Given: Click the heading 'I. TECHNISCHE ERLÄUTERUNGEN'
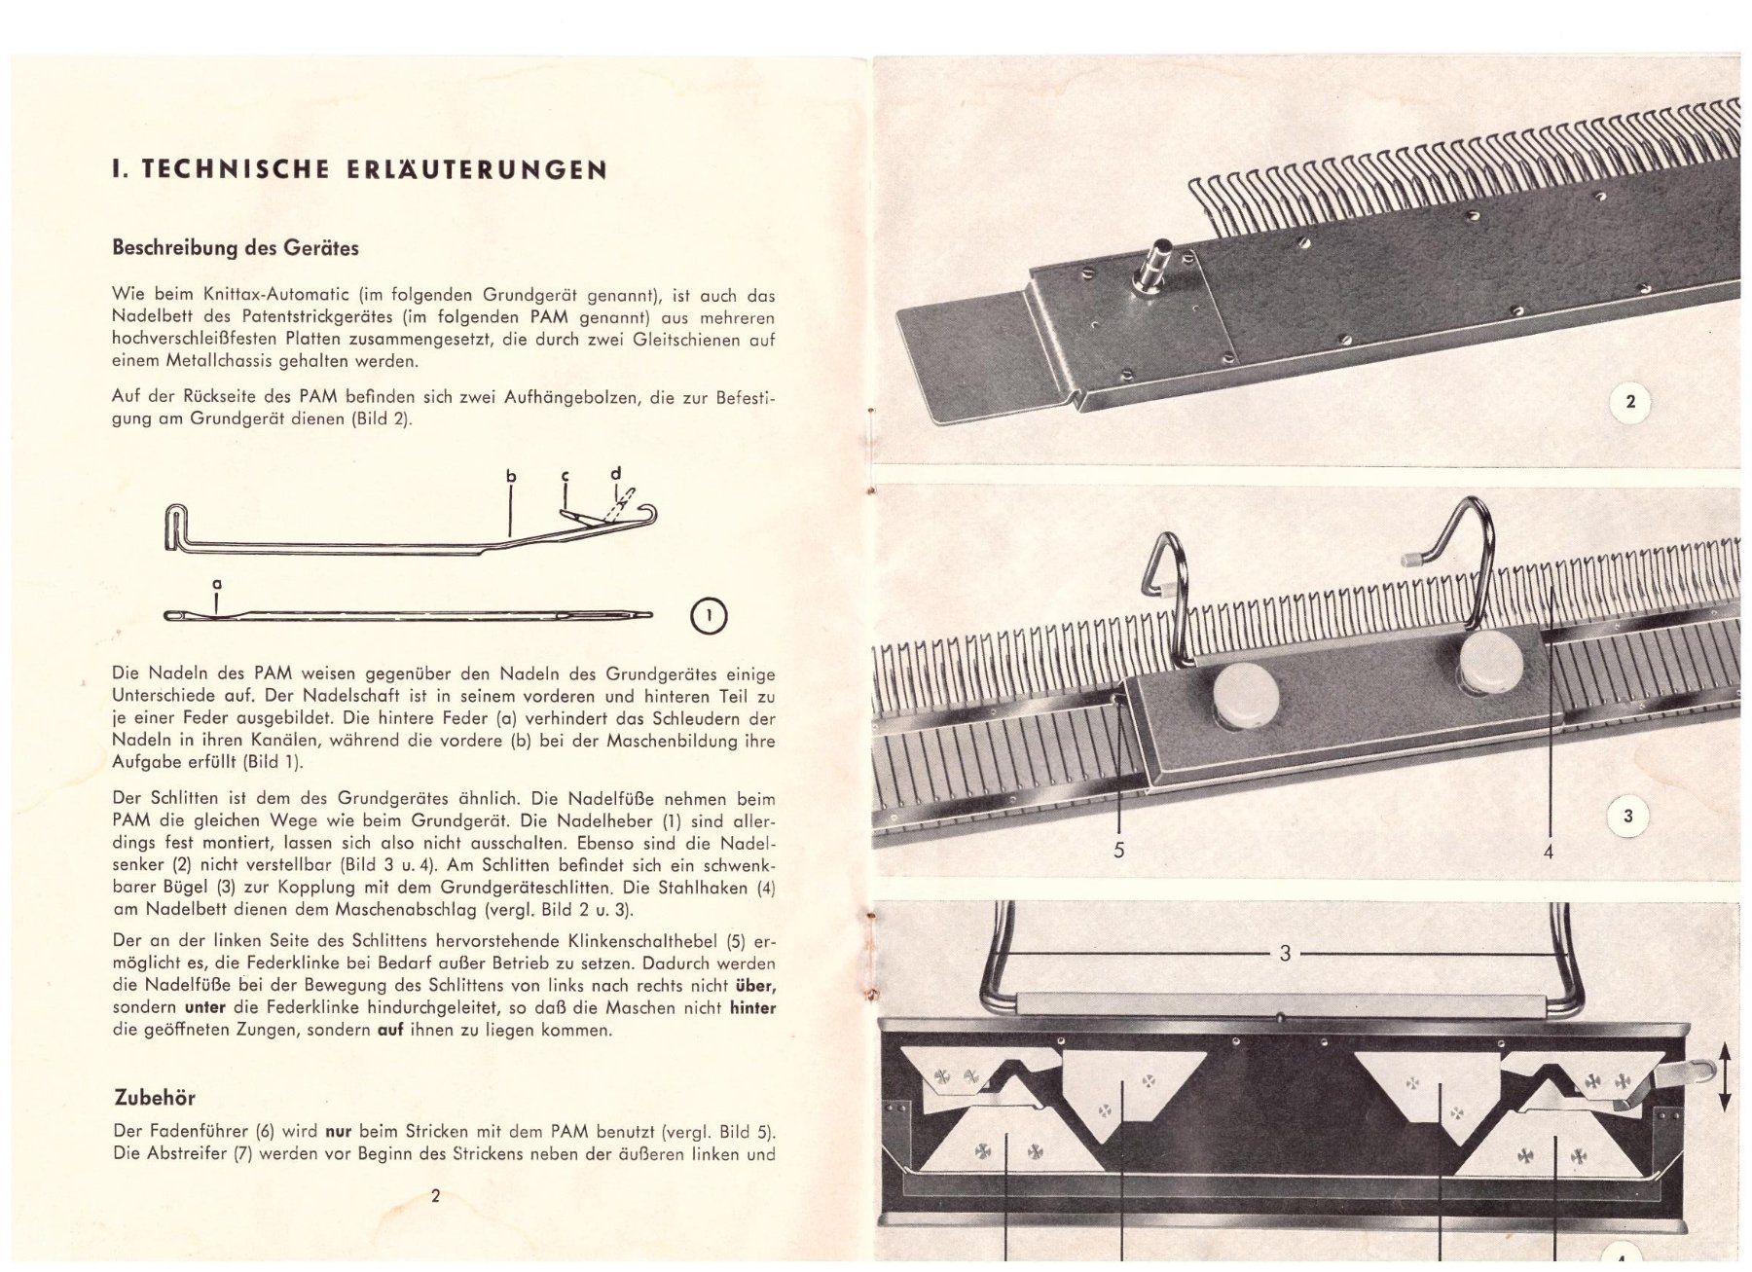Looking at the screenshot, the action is tap(360, 169).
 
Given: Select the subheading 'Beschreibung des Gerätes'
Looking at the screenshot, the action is tap(236, 247).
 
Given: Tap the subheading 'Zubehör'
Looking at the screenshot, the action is tap(155, 1098).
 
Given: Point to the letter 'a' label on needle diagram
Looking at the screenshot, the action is tap(216, 585).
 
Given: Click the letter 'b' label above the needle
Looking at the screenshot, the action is tap(511, 477).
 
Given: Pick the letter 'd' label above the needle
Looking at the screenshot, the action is tap(615, 474).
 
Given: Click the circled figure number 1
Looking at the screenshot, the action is tap(709, 616).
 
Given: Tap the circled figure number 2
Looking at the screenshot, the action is tap(1630, 401).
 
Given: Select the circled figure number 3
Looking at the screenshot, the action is tap(1628, 817).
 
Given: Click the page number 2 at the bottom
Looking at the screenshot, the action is tap(435, 1195).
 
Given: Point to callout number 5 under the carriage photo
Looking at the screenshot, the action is tap(1119, 851).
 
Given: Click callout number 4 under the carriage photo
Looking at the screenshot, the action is tap(1549, 853).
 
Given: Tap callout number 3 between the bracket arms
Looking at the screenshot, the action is tap(1285, 954).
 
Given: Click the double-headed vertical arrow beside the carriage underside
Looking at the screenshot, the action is tap(1725, 1076).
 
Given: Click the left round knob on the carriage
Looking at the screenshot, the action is tap(1245, 697).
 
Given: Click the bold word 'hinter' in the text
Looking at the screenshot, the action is tap(752, 1008).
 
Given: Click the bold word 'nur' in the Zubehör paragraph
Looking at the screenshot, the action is tap(339, 1132).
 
